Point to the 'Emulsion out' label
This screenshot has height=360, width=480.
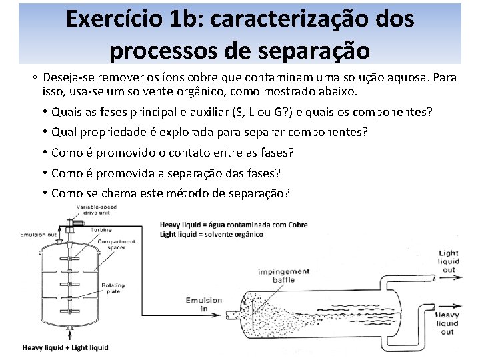pos(38,234)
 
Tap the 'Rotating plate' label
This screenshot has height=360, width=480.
pos(113,289)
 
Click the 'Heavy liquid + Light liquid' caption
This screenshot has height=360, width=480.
pos(65,347)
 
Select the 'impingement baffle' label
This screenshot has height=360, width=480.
pos(276,276)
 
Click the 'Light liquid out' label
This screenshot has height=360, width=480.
pos(449,261)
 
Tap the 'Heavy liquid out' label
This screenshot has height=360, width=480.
pos(448,323)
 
